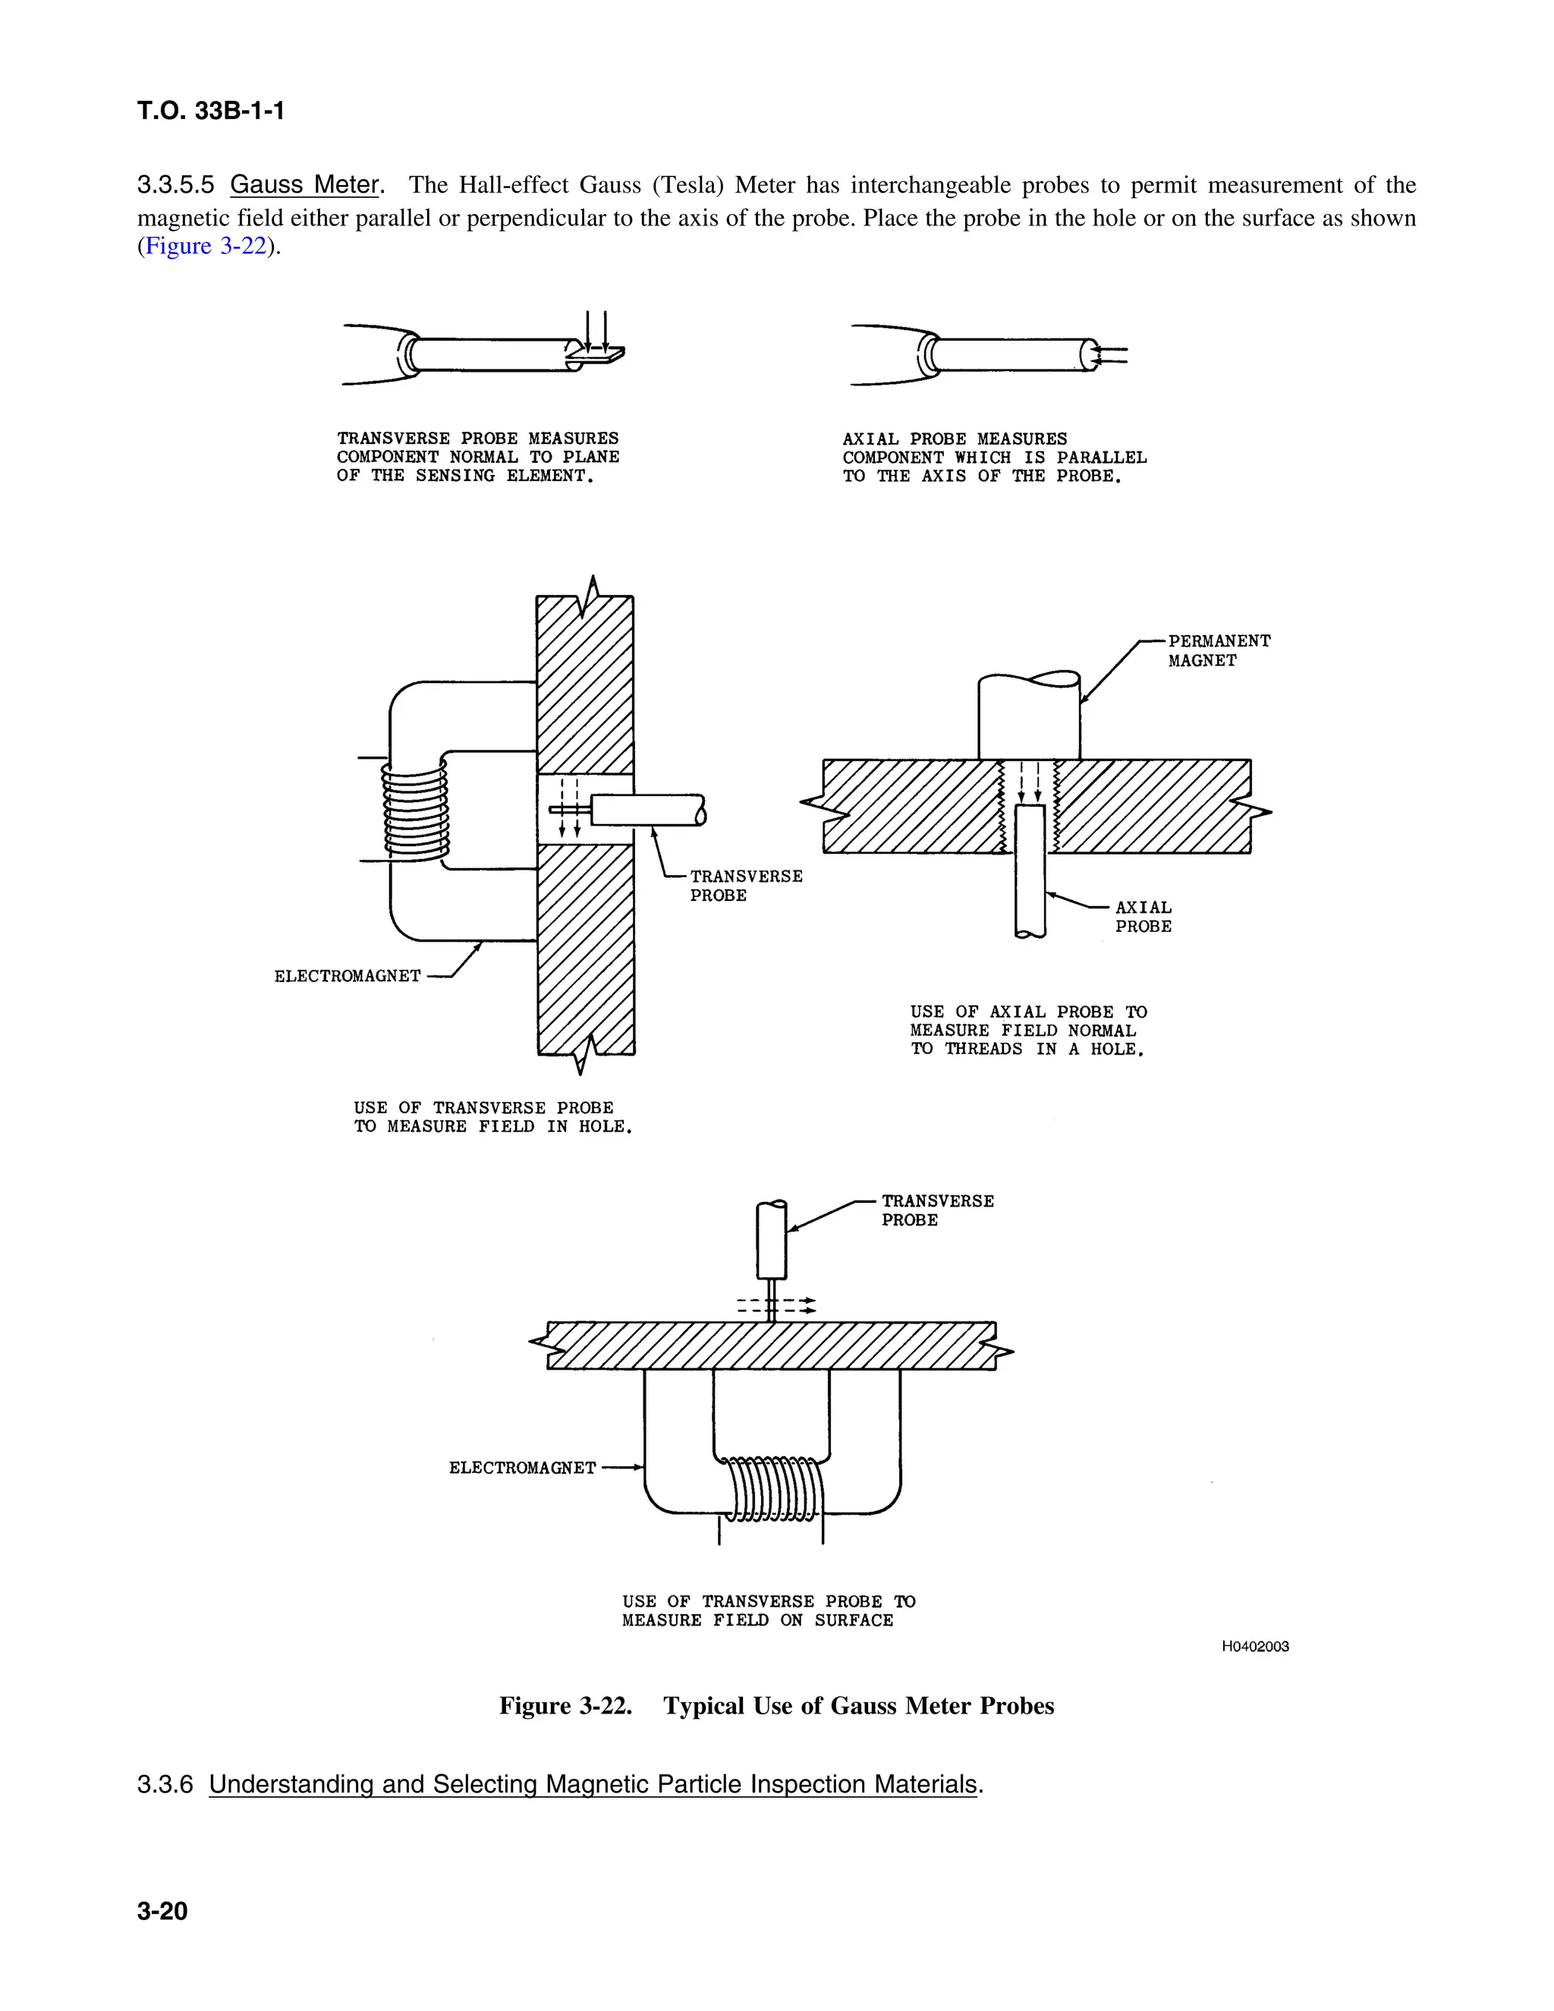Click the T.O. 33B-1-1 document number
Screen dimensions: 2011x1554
point(211,112)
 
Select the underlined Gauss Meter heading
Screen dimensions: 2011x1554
point(305,185)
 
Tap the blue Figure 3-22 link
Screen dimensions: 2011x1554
point(206,246)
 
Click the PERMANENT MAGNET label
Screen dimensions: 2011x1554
point(1218,650)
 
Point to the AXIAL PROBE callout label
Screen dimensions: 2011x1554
point(1143,916)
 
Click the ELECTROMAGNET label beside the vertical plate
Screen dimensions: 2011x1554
point(347,976)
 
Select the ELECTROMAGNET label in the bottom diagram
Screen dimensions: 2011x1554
point(522,1468)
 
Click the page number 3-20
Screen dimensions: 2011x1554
point(162,1911)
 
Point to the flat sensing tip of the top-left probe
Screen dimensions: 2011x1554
point(596,354)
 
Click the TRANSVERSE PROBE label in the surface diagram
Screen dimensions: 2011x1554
point(936,1210)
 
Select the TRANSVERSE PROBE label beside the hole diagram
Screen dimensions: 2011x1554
point(746,885)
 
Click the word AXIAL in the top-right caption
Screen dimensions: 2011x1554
point(870,439)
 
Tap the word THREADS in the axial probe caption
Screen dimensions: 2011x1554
point(983,1049)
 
